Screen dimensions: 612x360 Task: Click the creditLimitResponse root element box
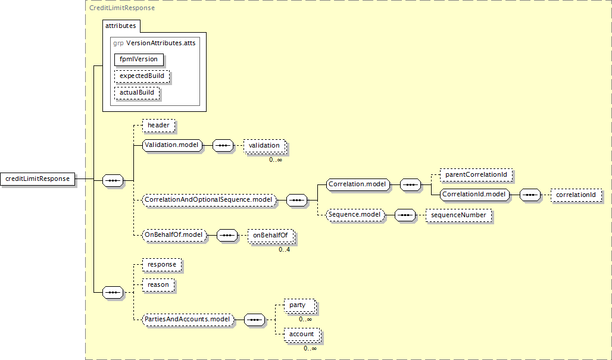point(38,179)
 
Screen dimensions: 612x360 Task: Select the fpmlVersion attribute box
point(139,60)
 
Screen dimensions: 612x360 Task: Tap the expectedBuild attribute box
point(142,76)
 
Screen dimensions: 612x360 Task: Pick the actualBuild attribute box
point(137,93)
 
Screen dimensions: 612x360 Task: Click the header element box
point(158,126)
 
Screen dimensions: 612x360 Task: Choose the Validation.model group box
point(171,145)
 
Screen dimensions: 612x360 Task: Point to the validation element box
point(264,145)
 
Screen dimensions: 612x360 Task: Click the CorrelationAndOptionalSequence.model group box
point(208,200)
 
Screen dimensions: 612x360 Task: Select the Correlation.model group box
point(358,184)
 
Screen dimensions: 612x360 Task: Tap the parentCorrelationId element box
point(476,175)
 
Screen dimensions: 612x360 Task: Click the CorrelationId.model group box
point(474,194)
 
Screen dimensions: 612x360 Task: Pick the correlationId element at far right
point(576,195)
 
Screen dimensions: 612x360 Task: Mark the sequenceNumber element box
point(458,215)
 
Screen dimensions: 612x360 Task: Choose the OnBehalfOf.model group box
point(174,235)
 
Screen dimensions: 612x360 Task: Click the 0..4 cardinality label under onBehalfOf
point(284,250)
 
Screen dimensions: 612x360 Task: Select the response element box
point(162,265)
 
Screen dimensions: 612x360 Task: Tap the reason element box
point(158,285)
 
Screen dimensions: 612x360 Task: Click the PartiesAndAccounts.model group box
point(188,319)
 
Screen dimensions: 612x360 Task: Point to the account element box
point(302,334)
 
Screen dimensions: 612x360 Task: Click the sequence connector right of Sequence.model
point(405,215)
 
